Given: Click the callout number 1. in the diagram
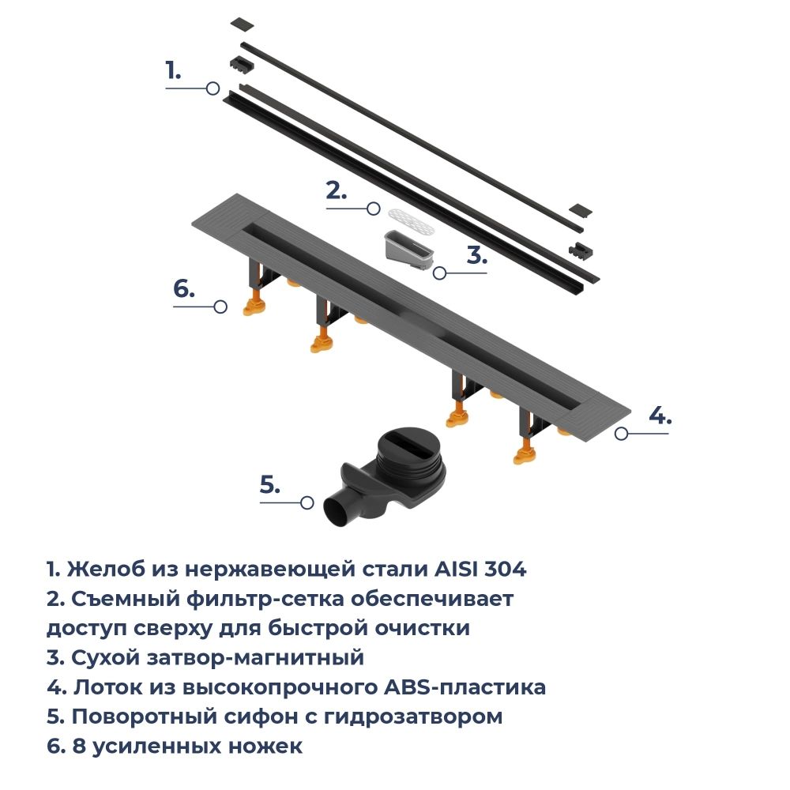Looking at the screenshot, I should click(x=173, y=70).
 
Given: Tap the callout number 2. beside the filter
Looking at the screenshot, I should click(x=337, y=190).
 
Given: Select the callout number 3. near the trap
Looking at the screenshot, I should click(x=477, y=255).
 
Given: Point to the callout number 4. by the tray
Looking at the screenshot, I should click(x=660, y=416).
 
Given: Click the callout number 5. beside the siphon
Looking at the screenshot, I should click(x=269, y=485).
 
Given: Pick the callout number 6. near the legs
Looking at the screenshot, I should click(x=183, y=289).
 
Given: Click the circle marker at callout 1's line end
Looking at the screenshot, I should click(x=213, y=88).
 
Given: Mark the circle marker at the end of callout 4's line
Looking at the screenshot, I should click(x=622, y=433).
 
